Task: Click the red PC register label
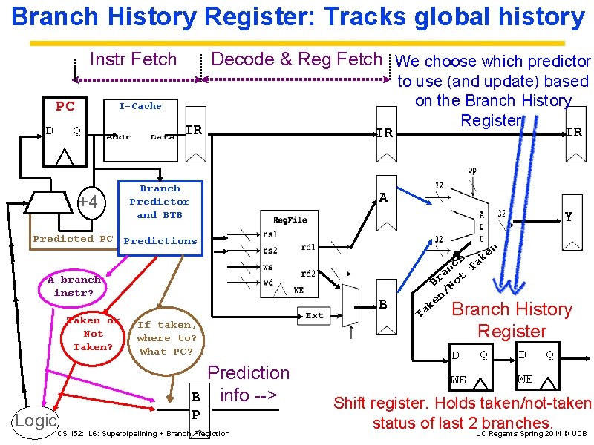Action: pos(65,106)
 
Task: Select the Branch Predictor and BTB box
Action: pos(160,202)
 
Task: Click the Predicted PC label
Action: pos(74,239)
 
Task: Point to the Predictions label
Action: pos(160,241)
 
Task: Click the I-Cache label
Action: pos(140,106)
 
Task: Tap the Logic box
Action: pos(36,421)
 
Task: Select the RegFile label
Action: pos(290,220)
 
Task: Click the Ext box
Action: pos(315,315)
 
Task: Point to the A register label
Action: pos(383,198)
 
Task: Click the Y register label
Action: pos(569,217)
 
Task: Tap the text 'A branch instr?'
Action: pos(74,286)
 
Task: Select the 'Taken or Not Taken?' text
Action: pos(94,334)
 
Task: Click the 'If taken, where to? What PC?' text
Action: pos(166,337)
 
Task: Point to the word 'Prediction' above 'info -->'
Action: pos(249,373)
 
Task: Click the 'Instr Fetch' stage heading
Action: pos(134,59)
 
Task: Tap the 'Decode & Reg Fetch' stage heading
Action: pos(297,59)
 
